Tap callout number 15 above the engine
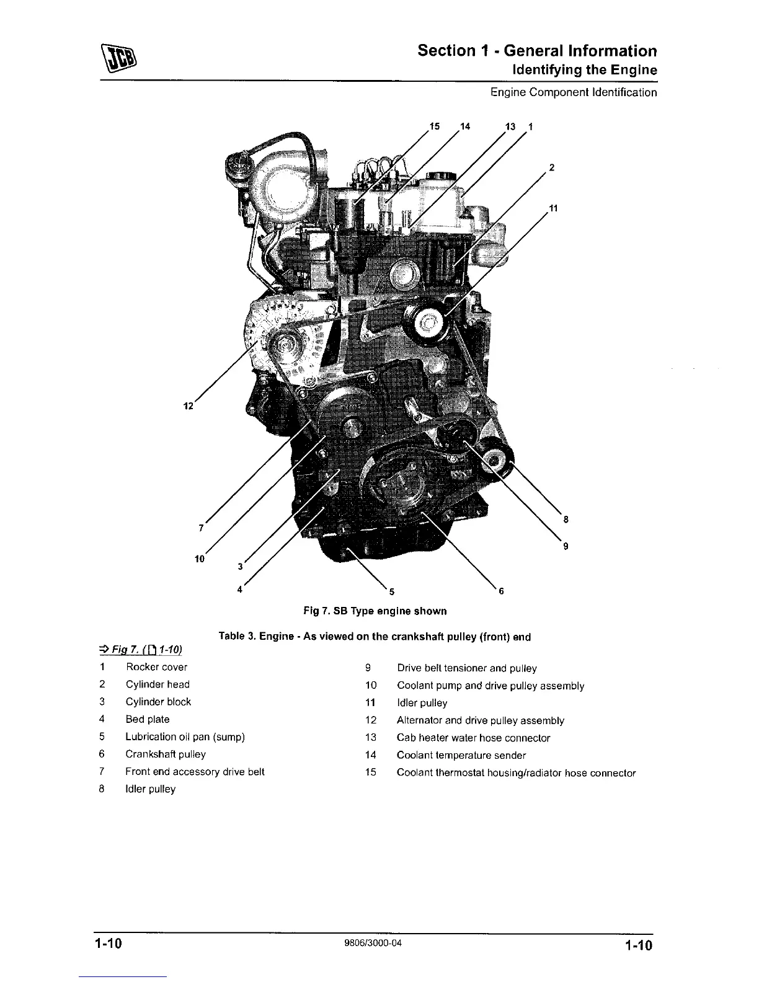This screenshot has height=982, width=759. (435, 126)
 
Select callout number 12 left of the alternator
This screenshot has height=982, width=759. (189, 406)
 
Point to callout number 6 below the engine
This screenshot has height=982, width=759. (501, 591)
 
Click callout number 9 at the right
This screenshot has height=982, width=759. (565, 546)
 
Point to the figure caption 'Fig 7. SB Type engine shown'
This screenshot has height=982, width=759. (375, 611)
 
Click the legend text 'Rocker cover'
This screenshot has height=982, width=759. (156, 667)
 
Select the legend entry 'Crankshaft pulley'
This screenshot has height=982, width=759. (166, 754)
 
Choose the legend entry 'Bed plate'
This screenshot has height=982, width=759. (148, 719)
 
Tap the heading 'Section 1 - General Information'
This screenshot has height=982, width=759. (537, 51)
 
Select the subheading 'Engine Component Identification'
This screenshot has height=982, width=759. (574, 93)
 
